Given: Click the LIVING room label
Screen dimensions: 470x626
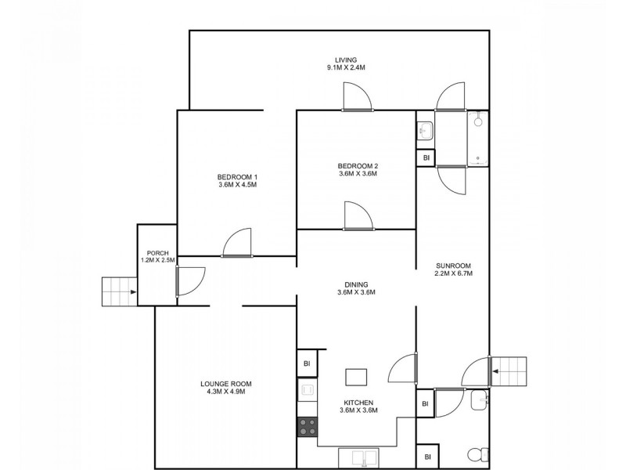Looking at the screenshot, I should point(345,60).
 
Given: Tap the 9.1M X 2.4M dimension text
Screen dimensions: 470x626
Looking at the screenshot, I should point(345,68).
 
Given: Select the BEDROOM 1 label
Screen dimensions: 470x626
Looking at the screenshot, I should point(238,176).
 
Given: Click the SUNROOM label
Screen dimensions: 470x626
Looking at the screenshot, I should point(453,265).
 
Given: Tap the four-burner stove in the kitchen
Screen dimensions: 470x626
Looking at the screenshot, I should point(308,427).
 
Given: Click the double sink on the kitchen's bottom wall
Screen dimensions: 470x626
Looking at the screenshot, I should point(362,457).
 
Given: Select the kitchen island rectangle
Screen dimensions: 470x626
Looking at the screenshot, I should point(357,378).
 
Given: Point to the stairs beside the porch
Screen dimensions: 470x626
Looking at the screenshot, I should point(119,292).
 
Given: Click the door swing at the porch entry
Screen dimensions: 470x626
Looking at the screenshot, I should point(190,280).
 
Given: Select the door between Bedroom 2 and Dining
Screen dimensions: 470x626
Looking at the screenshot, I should point(357,215).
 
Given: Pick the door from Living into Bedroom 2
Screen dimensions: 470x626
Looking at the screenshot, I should point(357,96).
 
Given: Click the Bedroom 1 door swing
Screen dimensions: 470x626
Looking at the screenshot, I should point(237,243).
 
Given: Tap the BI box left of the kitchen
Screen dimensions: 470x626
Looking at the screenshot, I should point(307,364).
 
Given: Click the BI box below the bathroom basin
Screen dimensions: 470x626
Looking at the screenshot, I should point(426,158).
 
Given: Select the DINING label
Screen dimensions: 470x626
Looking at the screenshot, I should point(357,284).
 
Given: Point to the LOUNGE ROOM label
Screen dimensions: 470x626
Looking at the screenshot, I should point(225,383).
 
